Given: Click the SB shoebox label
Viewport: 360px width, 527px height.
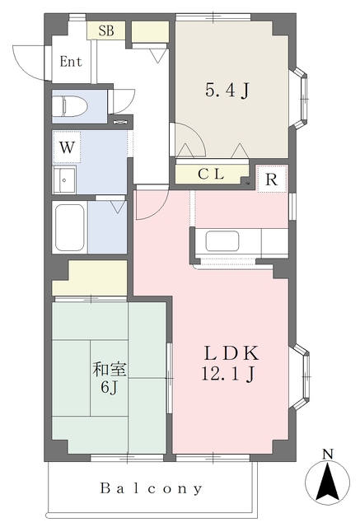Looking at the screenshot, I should [106, 31].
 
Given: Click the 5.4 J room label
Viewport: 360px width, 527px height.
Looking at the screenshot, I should [227, 91].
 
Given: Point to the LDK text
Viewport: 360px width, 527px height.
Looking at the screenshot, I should [232, 353].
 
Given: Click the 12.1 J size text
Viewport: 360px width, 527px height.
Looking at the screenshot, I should [232, 375].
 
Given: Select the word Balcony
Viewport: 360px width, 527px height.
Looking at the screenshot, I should [152, 489].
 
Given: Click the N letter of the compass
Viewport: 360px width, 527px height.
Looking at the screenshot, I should [328, 454].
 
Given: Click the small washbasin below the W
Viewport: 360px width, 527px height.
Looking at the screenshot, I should [64, 180].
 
